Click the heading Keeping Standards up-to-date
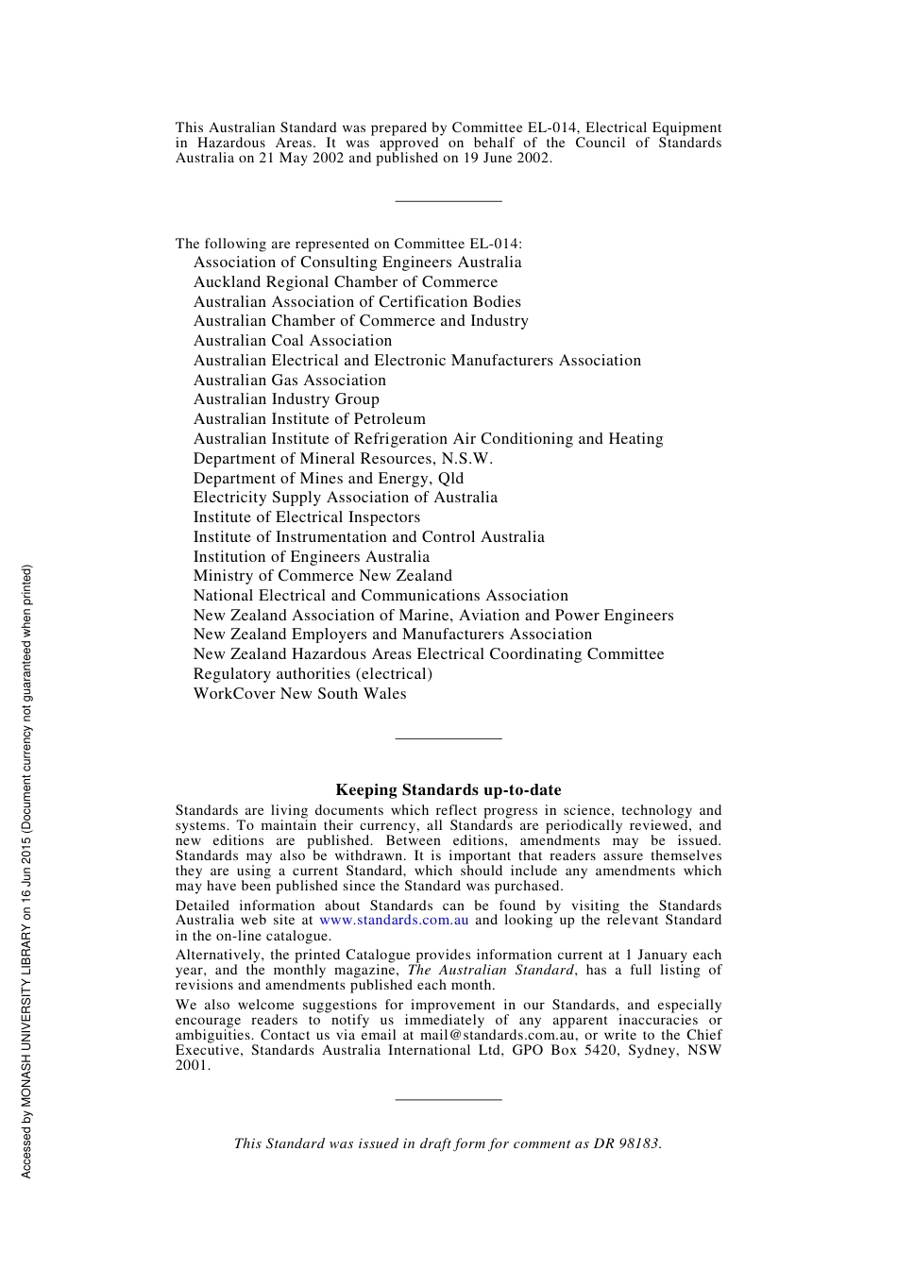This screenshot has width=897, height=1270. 448,790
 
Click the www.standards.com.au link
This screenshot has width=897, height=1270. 394,921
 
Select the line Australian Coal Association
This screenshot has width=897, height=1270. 293,341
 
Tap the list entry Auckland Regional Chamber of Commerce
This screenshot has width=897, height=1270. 346,282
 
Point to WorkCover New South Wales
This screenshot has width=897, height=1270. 299,694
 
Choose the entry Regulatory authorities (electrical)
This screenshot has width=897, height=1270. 313,674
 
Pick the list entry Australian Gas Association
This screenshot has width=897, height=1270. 290,381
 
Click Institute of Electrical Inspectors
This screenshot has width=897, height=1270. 307,517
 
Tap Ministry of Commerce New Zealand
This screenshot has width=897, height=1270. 323,576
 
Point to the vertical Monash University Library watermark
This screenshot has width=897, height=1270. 26,871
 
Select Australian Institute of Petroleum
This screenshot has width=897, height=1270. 310,419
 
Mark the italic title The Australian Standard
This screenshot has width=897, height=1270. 490,971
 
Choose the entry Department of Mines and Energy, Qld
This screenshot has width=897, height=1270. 329,479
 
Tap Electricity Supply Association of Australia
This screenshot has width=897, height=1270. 346,498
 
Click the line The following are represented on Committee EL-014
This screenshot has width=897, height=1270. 348,244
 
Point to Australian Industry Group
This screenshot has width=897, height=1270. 286,399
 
